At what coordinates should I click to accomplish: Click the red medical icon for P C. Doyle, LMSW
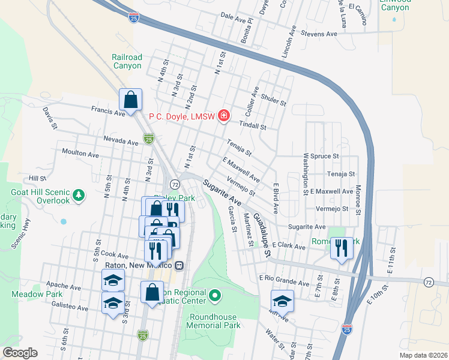(224, 115)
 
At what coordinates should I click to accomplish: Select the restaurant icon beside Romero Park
(341, 247)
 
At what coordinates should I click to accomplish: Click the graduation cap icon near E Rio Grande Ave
(282, 301)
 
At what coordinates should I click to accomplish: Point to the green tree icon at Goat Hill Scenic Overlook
(77, 195)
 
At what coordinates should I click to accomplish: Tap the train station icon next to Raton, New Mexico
(179, 265)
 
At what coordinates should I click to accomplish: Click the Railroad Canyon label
(127, 62)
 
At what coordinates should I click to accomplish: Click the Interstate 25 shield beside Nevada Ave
(148, 139)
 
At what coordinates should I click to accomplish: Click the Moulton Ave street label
(80, 154)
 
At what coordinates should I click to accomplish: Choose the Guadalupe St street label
(262, 232)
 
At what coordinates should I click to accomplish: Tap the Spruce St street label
(325, 156)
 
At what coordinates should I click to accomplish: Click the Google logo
(20, 353)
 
